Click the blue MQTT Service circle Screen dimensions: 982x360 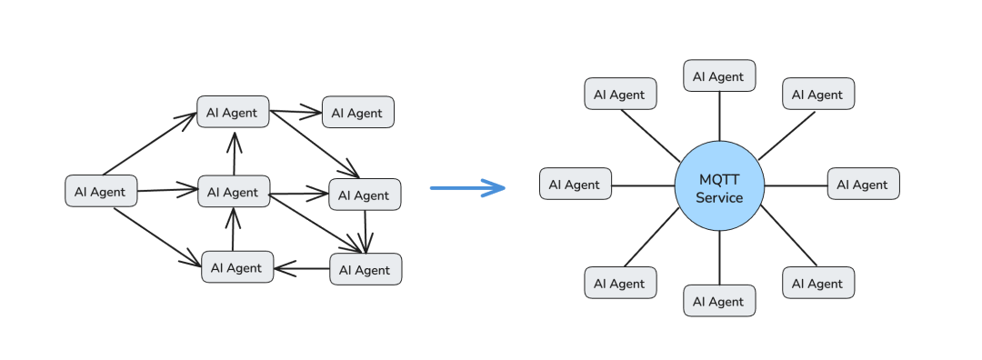[719, 186]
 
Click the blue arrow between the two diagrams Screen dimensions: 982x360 [467, 188]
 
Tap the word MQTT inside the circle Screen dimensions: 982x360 [719, 180]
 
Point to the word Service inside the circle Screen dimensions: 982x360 [719, 198]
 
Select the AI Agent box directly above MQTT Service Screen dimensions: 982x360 [719, 75]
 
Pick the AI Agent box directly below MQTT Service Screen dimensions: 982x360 [719, 301]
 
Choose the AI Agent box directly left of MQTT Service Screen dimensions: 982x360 [576, 184]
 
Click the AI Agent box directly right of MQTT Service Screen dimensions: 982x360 [864, 184]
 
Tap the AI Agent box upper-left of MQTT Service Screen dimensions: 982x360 [621, 94]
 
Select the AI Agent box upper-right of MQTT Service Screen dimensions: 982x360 [818, 94]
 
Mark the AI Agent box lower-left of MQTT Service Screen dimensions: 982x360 [621, 283]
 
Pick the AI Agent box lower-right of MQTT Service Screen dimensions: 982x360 [818, 283]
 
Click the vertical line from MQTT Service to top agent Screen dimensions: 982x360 [719, 116]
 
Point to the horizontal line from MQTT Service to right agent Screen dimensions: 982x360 [796, 185]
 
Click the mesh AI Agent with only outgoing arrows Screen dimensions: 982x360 [102, 191]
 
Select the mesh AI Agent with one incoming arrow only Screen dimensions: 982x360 [358, 112]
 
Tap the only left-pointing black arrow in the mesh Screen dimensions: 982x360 [302, 269]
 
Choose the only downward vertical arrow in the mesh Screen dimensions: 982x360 [366, 232]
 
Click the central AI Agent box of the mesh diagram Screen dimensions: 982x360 [235, 192]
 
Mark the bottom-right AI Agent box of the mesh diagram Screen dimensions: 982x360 [366, 269]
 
